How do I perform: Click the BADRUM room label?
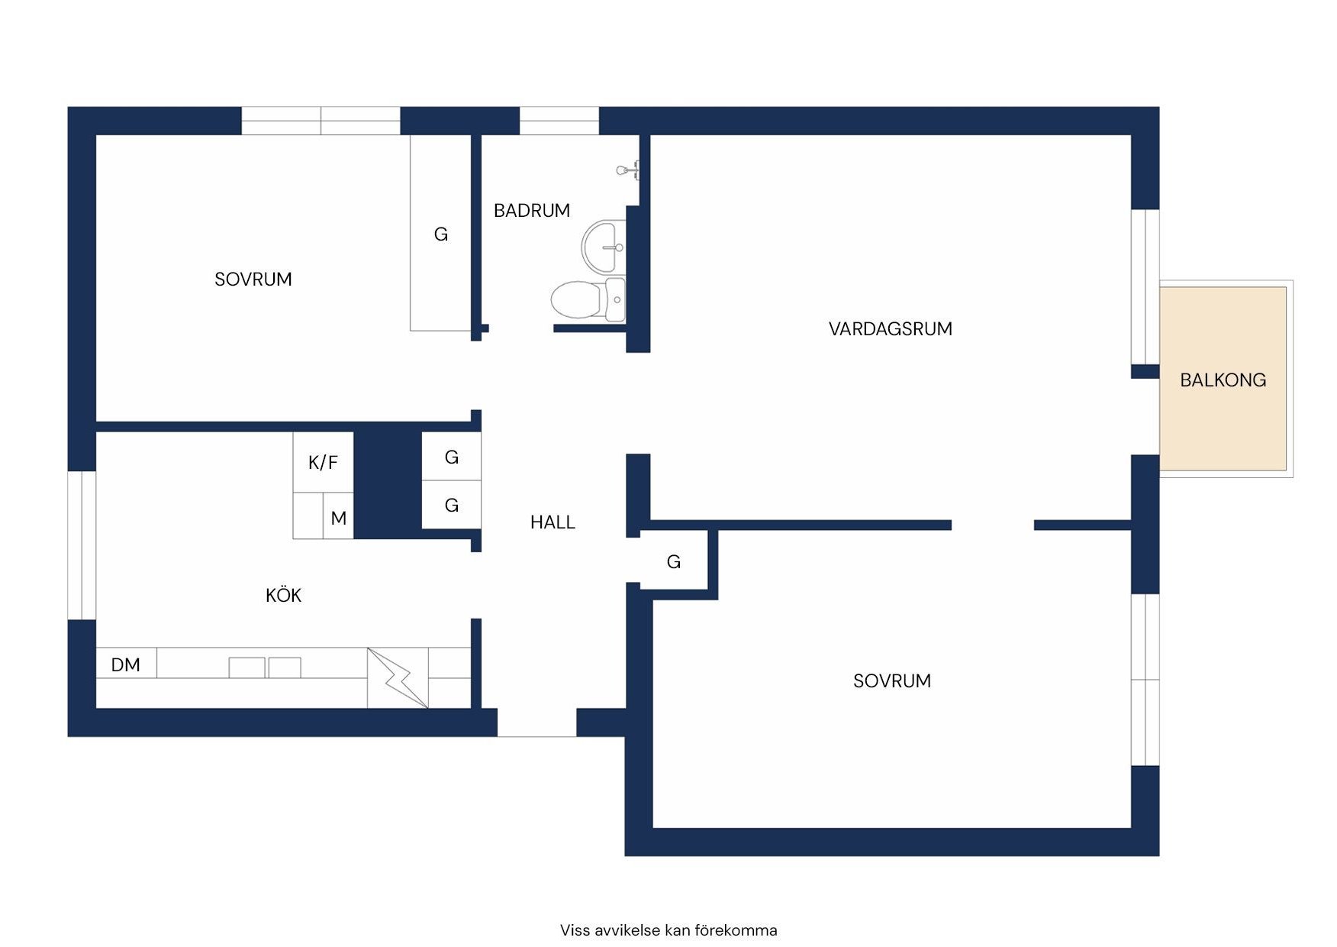tap(531, 211)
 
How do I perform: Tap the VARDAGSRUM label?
tap(890, 329)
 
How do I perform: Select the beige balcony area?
tap(1223, 379)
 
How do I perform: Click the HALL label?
tap(553, 522)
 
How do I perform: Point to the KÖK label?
tap(283, 595)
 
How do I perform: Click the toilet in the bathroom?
tap(588, 299)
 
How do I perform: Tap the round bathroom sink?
tap(604, 247)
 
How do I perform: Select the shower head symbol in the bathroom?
tap(628, 170)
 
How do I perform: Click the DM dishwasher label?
tap(126, 665)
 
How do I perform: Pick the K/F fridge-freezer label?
tap(323, 462)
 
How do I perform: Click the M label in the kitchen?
tap(339, 519)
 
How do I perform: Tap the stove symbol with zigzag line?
tap(398, 678)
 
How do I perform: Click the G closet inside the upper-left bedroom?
tap(440, 234)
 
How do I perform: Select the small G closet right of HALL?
tap(673, 562)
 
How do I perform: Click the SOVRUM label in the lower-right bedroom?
tap(891, 681)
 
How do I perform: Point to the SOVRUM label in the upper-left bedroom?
tap(253, 280)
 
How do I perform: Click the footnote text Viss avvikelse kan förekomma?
tap(668, 930)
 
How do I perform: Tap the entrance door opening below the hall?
tap(536, 722)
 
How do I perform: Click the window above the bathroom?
tap(559, 121)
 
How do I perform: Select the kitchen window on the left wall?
tap(82, 545)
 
